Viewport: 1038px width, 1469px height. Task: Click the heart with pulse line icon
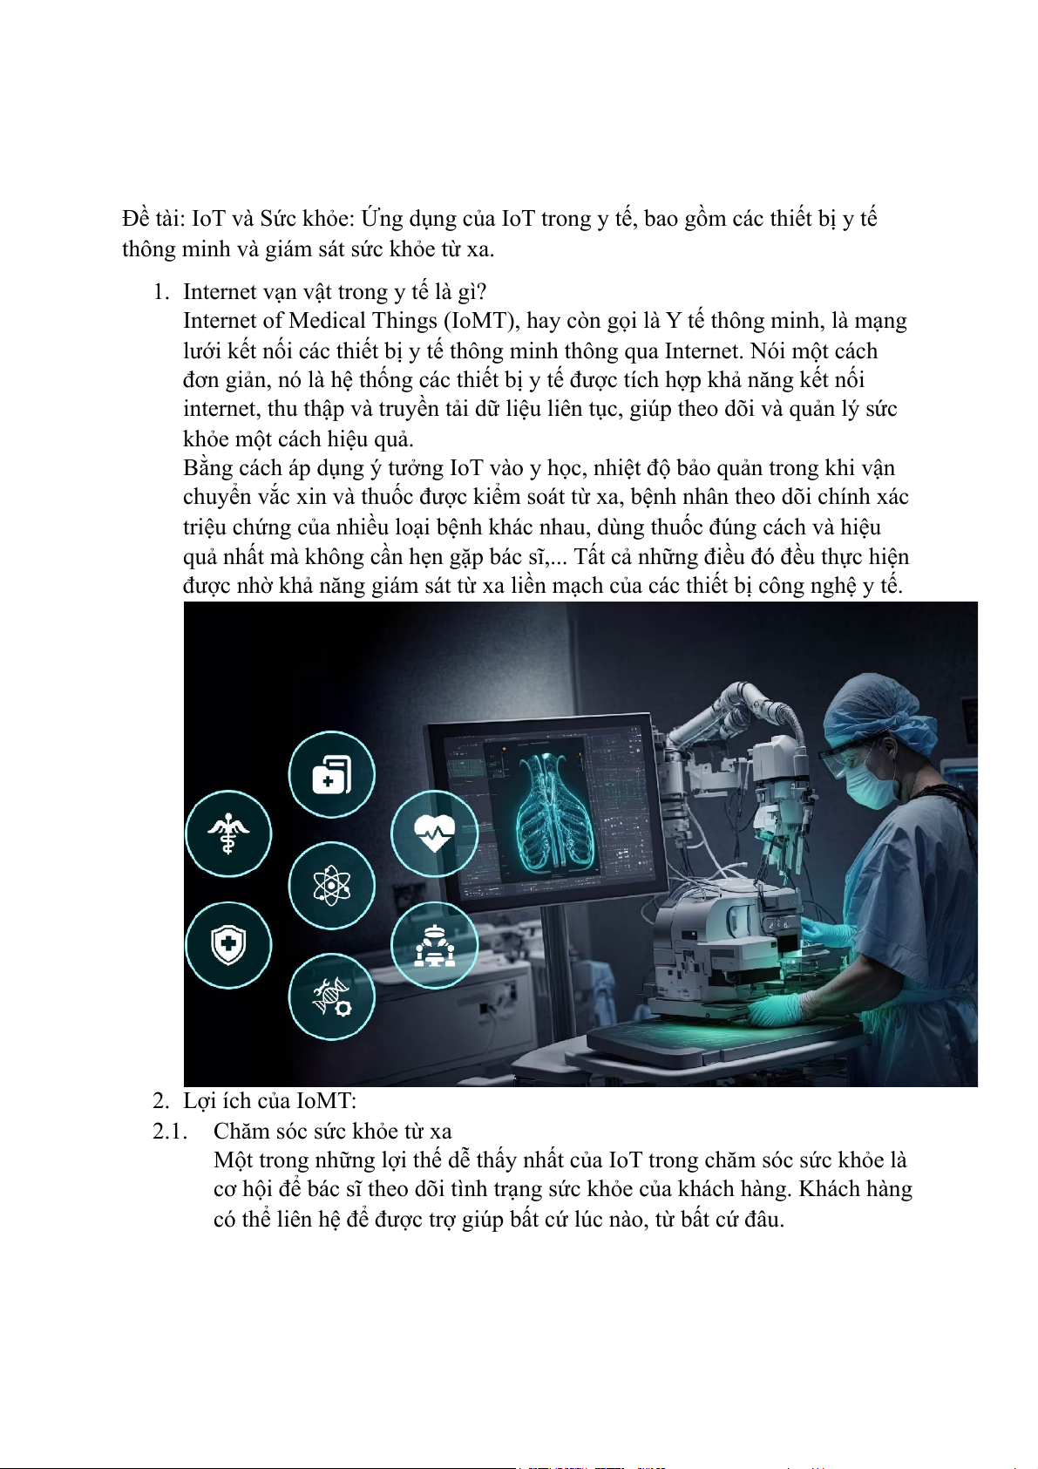434,833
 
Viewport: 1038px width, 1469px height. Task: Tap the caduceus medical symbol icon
228,833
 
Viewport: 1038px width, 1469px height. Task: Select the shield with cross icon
228,945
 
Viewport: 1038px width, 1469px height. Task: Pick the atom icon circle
331,887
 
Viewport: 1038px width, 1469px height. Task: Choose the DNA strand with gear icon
331,996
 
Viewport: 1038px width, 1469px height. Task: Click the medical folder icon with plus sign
331,774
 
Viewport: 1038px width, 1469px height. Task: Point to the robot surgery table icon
434,945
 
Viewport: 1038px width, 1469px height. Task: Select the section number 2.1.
170,1132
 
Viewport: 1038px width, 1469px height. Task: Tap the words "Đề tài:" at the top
153,218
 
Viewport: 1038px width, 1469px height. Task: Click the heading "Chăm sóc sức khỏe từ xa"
332,1132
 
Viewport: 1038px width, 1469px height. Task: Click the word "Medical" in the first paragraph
327,321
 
